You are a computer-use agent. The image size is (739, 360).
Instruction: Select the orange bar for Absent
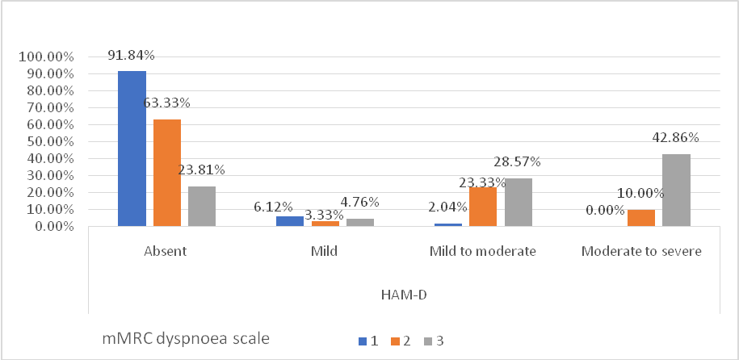point(166,173)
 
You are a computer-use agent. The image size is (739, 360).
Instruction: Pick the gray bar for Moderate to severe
point(676,190)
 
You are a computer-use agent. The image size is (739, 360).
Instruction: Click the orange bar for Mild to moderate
point(483,207)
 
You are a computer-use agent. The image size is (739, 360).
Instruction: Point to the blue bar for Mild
point(290,221)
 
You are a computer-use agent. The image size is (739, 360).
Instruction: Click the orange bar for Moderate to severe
point(640,218)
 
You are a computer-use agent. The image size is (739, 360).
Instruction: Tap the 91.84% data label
point(131,55)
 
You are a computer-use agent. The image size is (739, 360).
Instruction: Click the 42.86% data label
point(675,138)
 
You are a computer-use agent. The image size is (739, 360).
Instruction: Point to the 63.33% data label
point(166,103)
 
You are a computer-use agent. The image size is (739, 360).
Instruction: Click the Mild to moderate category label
point(483,251)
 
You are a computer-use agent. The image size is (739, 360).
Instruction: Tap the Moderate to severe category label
point(640,251)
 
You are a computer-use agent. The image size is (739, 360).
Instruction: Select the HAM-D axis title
point(404,295)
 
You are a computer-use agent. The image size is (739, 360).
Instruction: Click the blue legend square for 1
point(361,341)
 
